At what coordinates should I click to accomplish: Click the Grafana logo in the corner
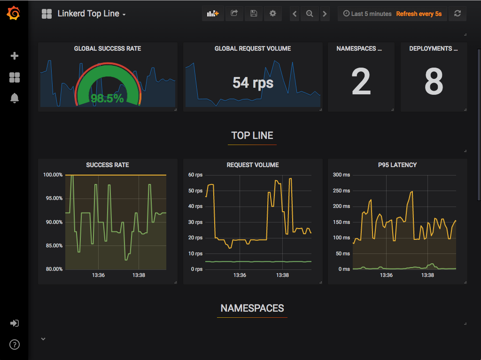tap(14, 14)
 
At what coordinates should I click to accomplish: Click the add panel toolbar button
tap(213, 14)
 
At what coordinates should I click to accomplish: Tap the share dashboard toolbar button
tap(234, 14)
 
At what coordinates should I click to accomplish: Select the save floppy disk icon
tap(253, 14)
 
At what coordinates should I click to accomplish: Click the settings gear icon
tap(272, 14)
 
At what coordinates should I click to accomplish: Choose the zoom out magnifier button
tap(310, 14)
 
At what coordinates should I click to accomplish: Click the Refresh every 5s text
tap(419, 14)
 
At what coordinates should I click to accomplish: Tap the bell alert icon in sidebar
tap(15, 98)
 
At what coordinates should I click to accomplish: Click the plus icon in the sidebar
tap(15, 56)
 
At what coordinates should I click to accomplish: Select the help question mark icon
tap(15, 345)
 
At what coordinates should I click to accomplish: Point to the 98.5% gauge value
tap(107, 98)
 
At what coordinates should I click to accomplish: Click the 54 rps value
tap(253, 83)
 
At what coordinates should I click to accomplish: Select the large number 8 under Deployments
tap(434, 82)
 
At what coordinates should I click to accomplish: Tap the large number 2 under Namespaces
tap(361, 82)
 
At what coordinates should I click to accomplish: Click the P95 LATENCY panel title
tap(397, 165)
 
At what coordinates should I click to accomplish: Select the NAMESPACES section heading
tap(252, 308)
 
